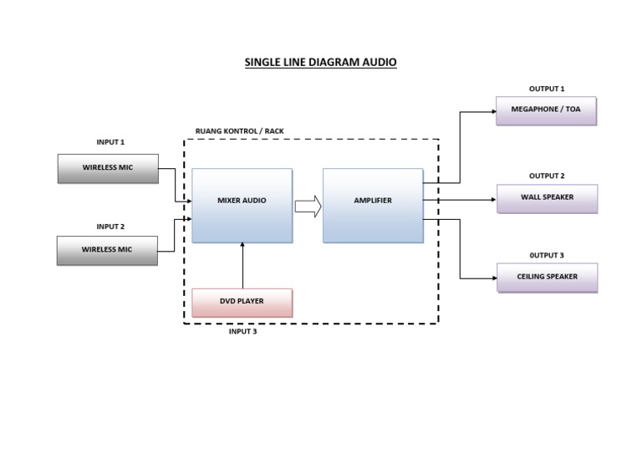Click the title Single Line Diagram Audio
(320, 62)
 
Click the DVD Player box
(242, 302)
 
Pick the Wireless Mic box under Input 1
(107, 168)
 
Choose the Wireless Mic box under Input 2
(107, 250)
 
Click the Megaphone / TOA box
(546, 110)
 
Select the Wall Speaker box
(547, 199)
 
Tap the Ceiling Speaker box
(547, 278)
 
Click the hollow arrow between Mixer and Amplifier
(308, 206)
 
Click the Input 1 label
(110, 142)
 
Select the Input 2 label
(110, 227)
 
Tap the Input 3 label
(242, 332)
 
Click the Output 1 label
(547, 89)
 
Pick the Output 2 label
(547, 176)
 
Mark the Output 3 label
(547, 255)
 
